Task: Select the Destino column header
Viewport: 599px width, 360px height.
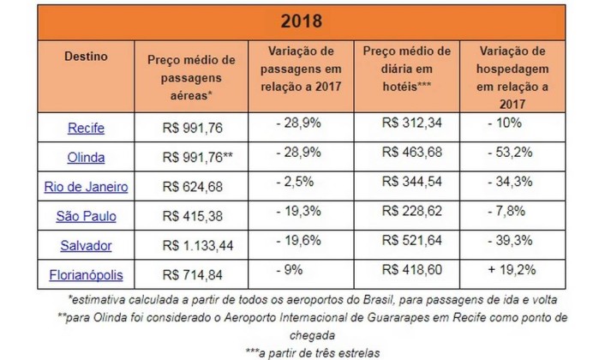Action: click(x=85, y=56)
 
